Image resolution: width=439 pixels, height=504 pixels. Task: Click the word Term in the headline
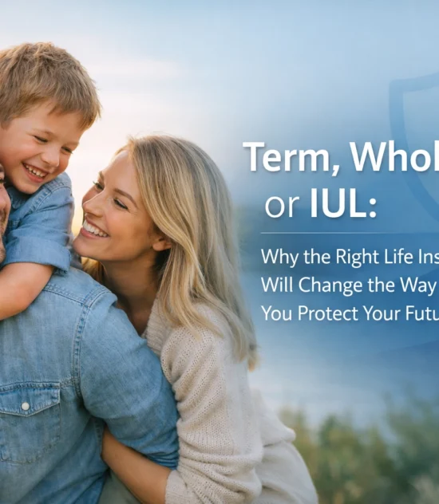click(279, 158)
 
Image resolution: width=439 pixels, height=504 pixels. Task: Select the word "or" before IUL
click(281, 207)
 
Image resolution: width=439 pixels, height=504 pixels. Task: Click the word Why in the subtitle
click(280, 258)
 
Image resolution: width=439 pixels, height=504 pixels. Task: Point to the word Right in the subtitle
click(354, 258)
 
